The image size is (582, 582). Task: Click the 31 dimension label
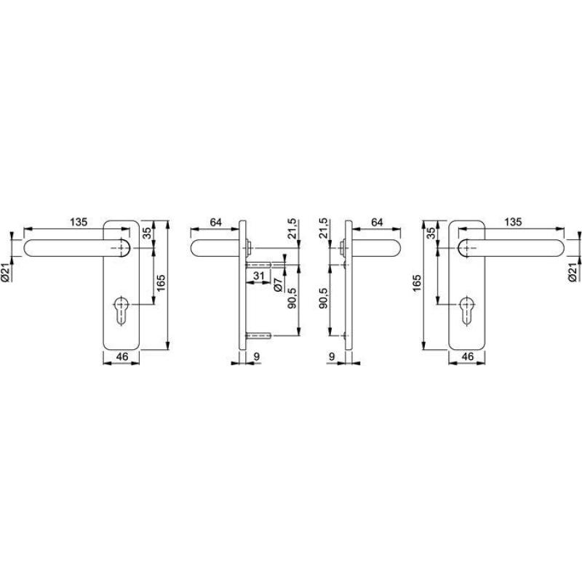click(258, 276)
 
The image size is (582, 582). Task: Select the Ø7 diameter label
click(279, 284)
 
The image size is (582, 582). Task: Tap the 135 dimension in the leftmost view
click(79, 222)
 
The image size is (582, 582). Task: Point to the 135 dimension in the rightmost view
click(513, 222)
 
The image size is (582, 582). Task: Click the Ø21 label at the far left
click(7, 272)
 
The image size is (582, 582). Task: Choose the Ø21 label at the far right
click(573, 272)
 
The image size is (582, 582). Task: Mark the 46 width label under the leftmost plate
click(122, 356)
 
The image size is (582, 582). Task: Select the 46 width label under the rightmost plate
click(468, 356)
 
